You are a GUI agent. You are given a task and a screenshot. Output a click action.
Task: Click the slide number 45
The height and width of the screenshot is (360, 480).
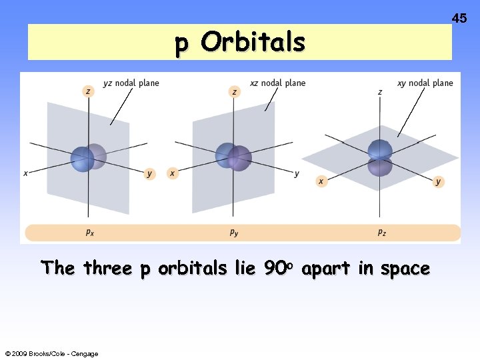click(x=459, y=19)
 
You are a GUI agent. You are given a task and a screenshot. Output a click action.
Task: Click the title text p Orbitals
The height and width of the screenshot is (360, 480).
click(x=240, y=43)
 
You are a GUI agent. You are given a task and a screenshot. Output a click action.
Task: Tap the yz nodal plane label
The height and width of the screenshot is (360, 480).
click(x=131, y=83)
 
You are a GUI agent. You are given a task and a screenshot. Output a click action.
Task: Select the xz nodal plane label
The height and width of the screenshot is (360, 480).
click(x=277, y=83)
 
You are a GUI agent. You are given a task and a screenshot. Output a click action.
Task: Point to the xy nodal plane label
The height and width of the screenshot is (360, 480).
click(x=425, y=83)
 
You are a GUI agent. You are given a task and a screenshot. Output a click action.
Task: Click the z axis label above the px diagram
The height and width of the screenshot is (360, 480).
click(x=88, y=91)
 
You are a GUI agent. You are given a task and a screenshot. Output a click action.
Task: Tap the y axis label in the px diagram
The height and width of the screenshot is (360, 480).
click(x=150, y=174)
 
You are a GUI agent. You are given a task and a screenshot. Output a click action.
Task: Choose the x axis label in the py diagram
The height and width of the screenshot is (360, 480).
click(x=172, y=173)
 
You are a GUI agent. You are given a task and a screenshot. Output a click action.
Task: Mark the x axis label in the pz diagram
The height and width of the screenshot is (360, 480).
click(x=321, y=181)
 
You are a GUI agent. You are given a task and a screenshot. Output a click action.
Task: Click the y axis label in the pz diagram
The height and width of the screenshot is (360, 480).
click(x=438, y=181)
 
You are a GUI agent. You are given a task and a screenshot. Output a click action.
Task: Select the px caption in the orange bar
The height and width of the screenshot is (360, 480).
click(x=89, y=232)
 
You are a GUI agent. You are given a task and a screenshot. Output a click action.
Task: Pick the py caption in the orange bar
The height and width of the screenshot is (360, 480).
click(x=235, y=232)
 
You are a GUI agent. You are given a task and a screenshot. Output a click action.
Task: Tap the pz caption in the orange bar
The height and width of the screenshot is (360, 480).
click(x=381, y=232)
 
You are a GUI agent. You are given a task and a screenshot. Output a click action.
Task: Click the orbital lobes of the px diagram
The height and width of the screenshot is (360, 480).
click(x=88, y=158)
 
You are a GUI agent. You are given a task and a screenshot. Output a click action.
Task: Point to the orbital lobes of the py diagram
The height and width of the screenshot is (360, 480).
click(x=233, y=157)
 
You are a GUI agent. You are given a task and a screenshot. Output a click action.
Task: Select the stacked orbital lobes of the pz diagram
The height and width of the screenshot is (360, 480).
click(x=380, y=158)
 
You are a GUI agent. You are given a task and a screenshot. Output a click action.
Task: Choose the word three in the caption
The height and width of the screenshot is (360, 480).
click(x=108, y=269)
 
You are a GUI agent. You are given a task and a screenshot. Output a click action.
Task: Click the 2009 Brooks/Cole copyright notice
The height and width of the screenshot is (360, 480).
click(x=51, y=353)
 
